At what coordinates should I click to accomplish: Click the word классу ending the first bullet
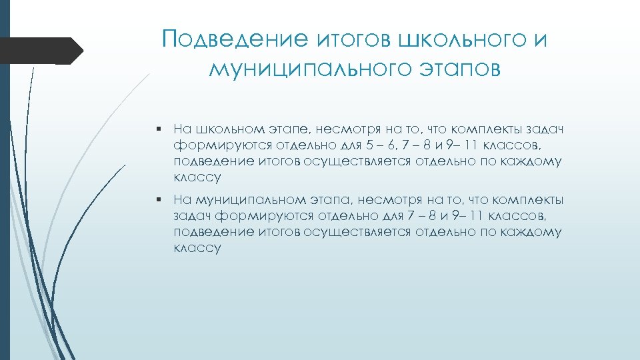197,178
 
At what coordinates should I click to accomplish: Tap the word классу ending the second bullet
197,249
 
